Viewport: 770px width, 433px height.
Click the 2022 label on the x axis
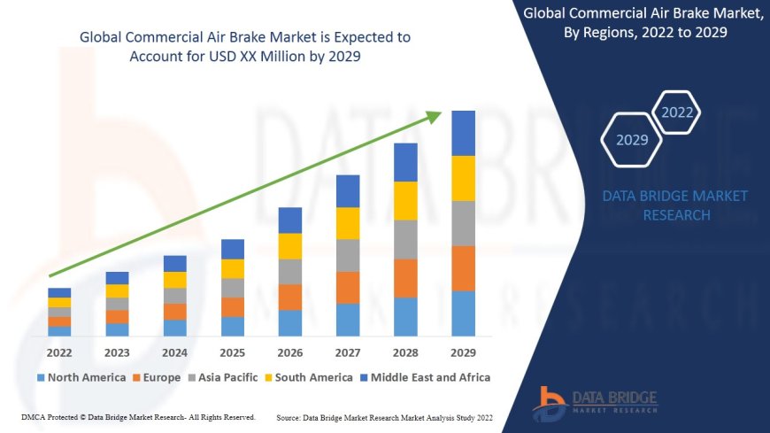pyautogui.click(x=59, y=352)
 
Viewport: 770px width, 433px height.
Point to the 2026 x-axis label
pyautogui.click(x=290, y=352)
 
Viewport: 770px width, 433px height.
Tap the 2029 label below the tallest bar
pyautogui.click(x=463, y=352)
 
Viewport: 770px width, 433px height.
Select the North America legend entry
pyautogui.click(x=81, y=377)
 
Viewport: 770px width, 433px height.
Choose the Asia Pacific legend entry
pyautogui.click(x=227, y=377)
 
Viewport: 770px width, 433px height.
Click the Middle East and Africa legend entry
pyautogui.click(x=428, y=377)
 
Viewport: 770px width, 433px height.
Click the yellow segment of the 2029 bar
pyautogui.click(x=463, y=178)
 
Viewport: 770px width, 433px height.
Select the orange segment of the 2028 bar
pyautogui.click(x=405, y=278)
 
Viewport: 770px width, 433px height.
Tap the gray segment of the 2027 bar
pyautogui.click(x=348, y=255)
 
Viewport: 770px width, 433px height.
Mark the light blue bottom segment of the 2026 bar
pyautogui.click(x=290, y=322)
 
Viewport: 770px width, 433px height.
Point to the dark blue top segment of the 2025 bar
pyautogui.click(x=233, y=249)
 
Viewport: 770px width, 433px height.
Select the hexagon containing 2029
pyautogui.click(x=631, y=140)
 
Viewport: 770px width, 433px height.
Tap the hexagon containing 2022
pyautogui.click(x=677, y=112)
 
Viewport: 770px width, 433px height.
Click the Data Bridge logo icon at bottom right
pyautogui.click(x=550, y=403)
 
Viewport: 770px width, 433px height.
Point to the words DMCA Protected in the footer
pyautogui.click(x=48, y=416)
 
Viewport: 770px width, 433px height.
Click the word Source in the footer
pyautogui.click(x=289, y=416)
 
